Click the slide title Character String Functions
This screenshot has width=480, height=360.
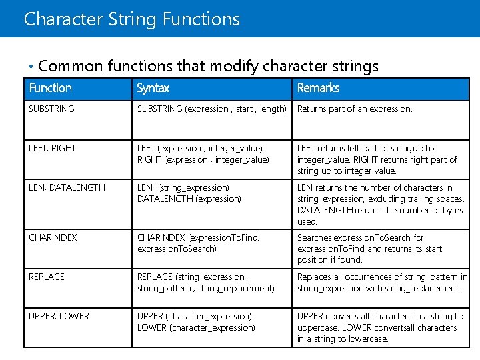(x=131, y=19)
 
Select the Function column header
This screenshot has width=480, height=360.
(x=51, y=88)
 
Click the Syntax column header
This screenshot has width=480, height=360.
(x=153, y=88)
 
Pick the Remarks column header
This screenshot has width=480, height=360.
(x=318, y=88)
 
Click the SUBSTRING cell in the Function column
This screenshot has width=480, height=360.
(x=52, y=109)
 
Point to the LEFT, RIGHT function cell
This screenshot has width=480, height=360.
(x=53, y=148)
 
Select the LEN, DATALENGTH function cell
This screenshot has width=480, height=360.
(x=67, y=187)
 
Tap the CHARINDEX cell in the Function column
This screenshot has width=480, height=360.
(x=53, y=237)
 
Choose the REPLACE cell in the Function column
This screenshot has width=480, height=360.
(x=47, y=277)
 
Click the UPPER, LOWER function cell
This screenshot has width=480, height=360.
(x=59, y=316)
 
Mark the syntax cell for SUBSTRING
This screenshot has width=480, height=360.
(x=212, y=109)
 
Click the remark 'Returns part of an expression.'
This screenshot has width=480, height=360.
(x=355, y=109)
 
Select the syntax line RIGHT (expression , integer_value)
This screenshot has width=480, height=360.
(x=203, y=159)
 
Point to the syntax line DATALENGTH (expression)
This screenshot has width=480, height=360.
(x=189, y=199)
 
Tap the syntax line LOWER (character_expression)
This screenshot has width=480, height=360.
(x=196, y=327)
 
